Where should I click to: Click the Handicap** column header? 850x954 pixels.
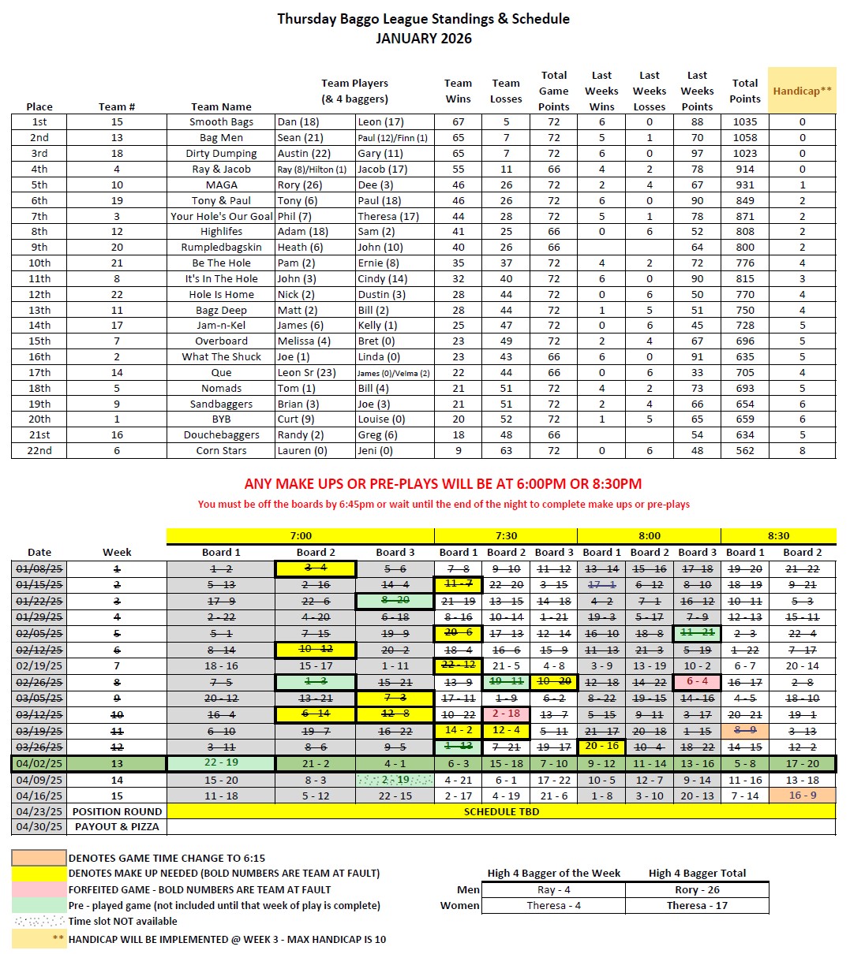tap(802, 91)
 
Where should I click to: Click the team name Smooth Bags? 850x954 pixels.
tap(221, 122)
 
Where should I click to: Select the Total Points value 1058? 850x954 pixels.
tap(744, 138)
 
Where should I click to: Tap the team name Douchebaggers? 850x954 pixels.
tap(221, 435)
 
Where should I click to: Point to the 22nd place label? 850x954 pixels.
tap(39, 451)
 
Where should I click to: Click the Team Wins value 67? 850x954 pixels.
tap(458, 122)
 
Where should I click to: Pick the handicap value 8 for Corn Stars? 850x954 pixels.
tap(802, 451)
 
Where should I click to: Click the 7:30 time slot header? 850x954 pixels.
tap(505, 536)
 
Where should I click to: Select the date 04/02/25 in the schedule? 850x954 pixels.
tap(39, 764)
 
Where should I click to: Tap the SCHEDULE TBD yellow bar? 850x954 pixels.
tap(501, 811)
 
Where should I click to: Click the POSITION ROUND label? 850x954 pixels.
tap(117, 811)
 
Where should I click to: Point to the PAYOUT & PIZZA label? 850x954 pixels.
tap(117, 827)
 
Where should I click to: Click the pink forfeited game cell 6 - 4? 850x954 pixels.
tap(697, 682)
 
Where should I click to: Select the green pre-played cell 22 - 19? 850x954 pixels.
tap(221, 763)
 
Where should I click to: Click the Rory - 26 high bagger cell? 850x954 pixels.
tap(697, 889)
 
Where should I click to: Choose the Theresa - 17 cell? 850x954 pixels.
tap(697, 905)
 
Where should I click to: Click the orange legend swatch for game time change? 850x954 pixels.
tap(39, 858)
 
